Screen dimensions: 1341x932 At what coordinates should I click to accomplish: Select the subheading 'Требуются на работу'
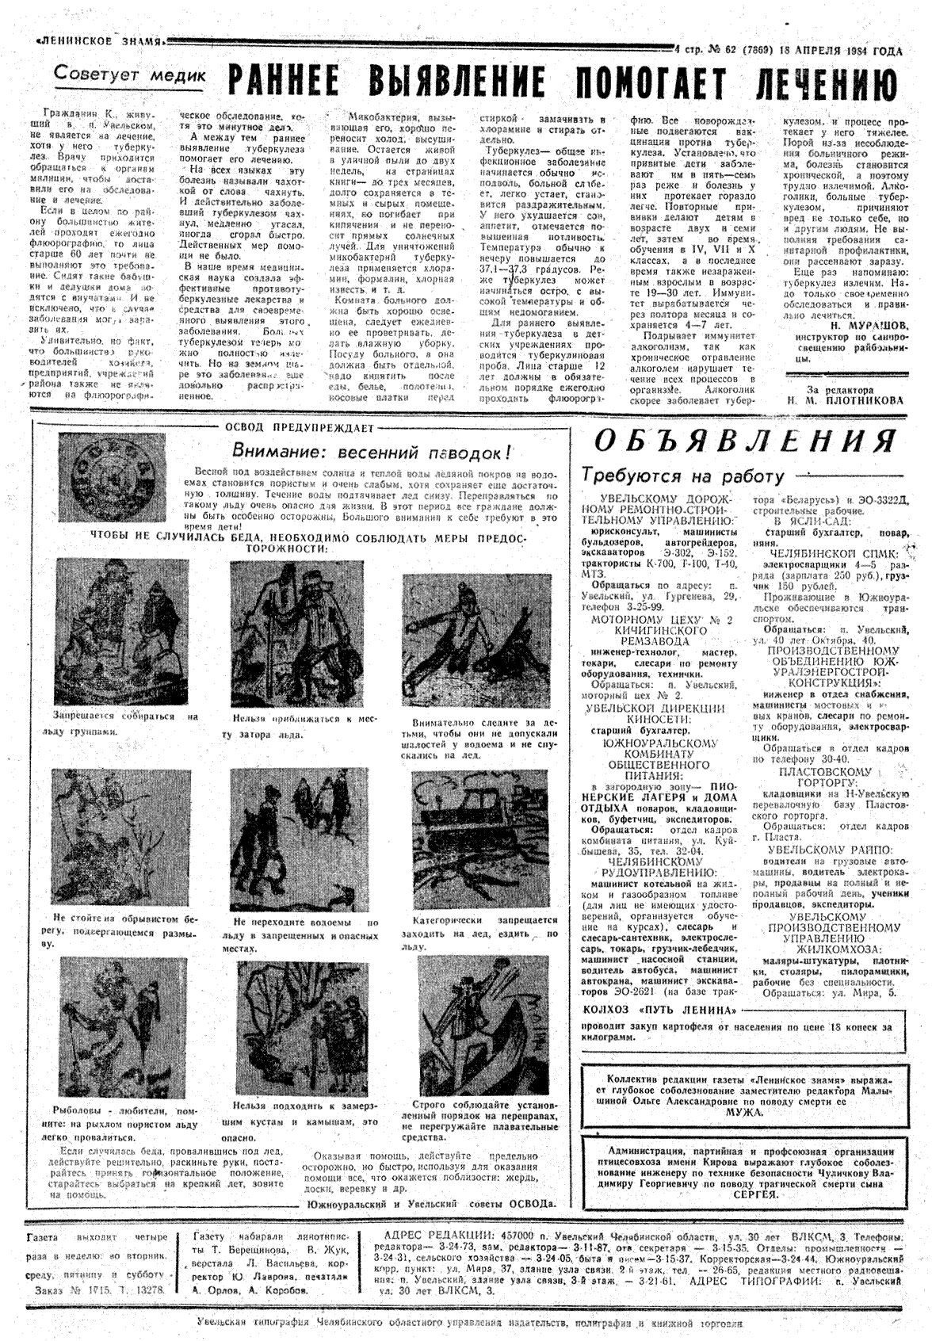coord(682,476)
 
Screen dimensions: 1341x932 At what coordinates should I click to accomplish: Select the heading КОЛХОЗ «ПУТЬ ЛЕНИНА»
coord(665,1011)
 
